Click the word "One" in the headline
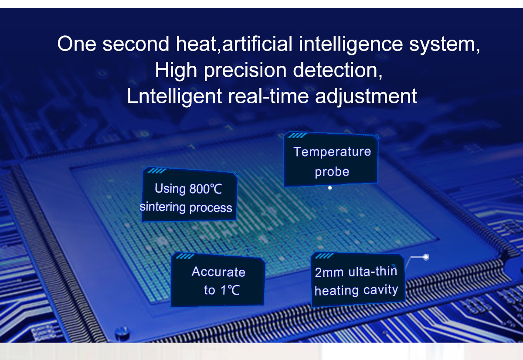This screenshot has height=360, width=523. [77, 44]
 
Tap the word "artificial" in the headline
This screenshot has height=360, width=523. [257, 44]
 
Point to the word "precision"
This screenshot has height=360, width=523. [245, 71]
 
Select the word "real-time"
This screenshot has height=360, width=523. [268, 96]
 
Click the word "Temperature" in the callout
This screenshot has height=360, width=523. [332, 152]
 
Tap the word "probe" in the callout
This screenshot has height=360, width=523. [332, 172]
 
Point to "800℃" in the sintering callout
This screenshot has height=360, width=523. [205, 189]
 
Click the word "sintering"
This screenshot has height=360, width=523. [163, 207]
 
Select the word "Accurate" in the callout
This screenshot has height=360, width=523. [218, 272]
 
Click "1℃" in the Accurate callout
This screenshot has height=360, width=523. [230, 290]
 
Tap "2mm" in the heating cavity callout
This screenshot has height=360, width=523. [329, 272]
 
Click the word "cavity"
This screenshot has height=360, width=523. [380, 290]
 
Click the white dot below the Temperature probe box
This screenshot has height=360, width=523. [330, 188]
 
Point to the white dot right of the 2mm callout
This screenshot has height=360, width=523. [426, 257]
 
